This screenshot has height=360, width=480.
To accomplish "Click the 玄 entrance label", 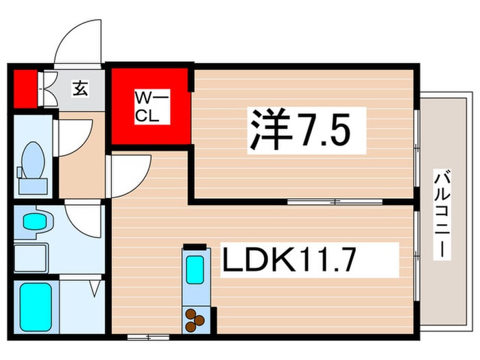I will (81, 89).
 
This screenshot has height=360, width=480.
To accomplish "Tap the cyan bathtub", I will (34, 307).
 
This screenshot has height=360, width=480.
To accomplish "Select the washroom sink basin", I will (33, 222).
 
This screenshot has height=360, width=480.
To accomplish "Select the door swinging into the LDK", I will (129, 173).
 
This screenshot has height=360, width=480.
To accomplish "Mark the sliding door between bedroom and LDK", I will (335, 202).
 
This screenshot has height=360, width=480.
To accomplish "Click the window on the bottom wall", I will (147, 337).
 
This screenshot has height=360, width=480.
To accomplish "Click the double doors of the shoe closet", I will (48, 90).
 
